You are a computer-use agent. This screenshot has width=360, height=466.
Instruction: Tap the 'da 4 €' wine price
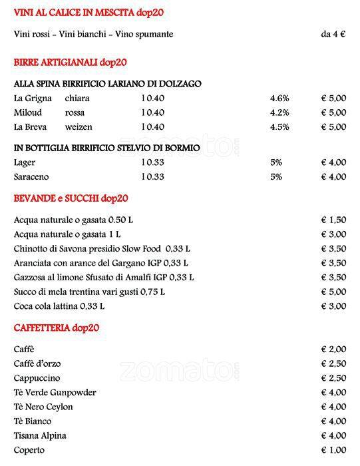pyautogui.click(x=333, y=35)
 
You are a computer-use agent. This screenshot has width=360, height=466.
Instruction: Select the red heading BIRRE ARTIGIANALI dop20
pyautogui.click(x=70, y=63)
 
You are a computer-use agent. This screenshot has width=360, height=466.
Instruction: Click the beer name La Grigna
pyautogui.click(x=33, y=99)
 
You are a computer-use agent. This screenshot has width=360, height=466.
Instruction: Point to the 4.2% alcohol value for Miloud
pyautogui.click(x=279, y=113)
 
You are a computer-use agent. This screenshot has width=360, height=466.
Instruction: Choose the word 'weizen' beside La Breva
pyautogui.click(x=79, y=127)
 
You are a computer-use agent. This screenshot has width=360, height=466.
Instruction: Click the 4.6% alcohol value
pyautogui.click(x=279, y=99)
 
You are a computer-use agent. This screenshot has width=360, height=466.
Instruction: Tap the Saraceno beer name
pyautogui.click(x=31, y=177)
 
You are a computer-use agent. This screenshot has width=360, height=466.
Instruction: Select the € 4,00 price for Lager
pyautogui.click(x=333, y=162)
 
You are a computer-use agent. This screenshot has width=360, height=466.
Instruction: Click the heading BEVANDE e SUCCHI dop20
pyautogui.click(x=71, y=198)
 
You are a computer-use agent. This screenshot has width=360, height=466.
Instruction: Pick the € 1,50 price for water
pyautogui.click(x=333, y=220)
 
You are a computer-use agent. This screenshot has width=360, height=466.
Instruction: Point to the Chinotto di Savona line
pyautogui.click(x=98, y=248)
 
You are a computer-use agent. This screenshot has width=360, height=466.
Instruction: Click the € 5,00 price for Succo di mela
pyautogui.click(x=333, y=292)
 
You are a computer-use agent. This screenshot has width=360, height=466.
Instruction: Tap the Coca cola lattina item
pyautogui.click(x=59, y=306)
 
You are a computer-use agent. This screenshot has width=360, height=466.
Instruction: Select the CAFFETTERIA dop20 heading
pyautogui.click(x=57, y=328)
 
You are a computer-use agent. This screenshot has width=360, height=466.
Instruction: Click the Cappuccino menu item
pyautogui.click(x=37, y=378)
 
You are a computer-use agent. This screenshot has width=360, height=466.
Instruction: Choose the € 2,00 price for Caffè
pyautogui.click(x=333, y=349)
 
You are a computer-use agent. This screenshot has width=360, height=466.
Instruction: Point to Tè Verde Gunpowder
pyautogui.click(x=55, y=393)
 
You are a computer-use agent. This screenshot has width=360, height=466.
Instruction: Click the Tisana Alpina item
pyautogui.click(x=39, y=436)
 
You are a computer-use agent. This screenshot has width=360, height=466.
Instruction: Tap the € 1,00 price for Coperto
pyautogui.click(x=333, y=450)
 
